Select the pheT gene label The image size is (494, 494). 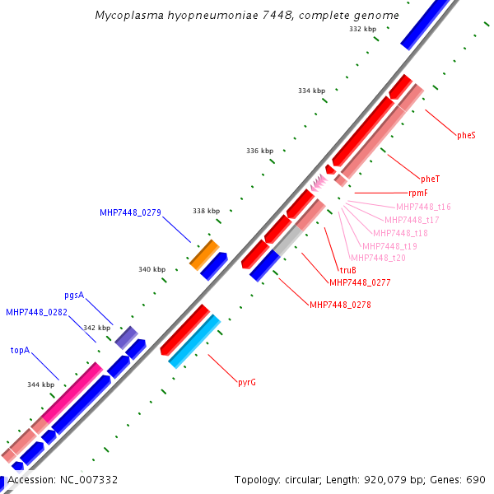point(430,179)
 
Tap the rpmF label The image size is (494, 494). point(418,193)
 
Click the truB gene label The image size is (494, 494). point(347,270)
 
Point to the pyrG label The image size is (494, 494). point(246,382)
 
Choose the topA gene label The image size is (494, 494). point(20,350)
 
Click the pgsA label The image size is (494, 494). point(74,295)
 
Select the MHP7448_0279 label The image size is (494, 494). point(130,212)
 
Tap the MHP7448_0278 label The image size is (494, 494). point(340,305)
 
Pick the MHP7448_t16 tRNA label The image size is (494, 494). point(423,207)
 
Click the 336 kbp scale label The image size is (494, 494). point(259,151)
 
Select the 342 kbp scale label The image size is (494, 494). point(96,328)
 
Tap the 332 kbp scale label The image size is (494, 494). point(362,29)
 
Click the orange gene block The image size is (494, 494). point(204,254)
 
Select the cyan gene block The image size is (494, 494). point(194,341)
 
